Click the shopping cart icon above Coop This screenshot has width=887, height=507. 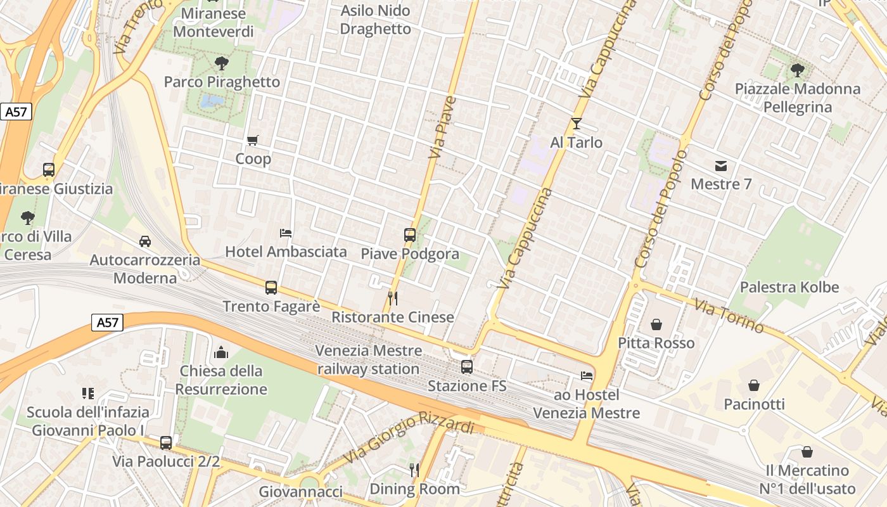pos(253,140)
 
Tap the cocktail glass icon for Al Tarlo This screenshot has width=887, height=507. pos(576,124)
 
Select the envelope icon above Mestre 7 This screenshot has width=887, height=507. pos(721,166)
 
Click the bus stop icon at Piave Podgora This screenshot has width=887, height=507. pos(410,235)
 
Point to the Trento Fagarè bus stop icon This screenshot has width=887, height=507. pos(271,288)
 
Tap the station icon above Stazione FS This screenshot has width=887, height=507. pos(467,367)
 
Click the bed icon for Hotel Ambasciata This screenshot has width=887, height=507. pos(286,233)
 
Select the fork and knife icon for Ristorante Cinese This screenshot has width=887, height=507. pos(393,298)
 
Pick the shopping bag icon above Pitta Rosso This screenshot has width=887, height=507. pos(656,324)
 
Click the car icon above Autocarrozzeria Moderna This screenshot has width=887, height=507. pos(145,241)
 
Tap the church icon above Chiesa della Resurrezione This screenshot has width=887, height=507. pos(221,352)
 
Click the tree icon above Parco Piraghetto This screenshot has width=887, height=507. pos(221,63)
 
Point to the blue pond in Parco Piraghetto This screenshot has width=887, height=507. pos(212,101)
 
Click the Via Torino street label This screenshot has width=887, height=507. pos(729,315)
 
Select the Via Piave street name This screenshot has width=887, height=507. pos(442,127)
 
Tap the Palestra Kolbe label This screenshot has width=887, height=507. pos(789,287)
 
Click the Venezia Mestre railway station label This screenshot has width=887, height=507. pos(369,359)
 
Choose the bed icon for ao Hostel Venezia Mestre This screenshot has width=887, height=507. pos(587,376)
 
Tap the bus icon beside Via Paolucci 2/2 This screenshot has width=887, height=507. pos(166,443)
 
